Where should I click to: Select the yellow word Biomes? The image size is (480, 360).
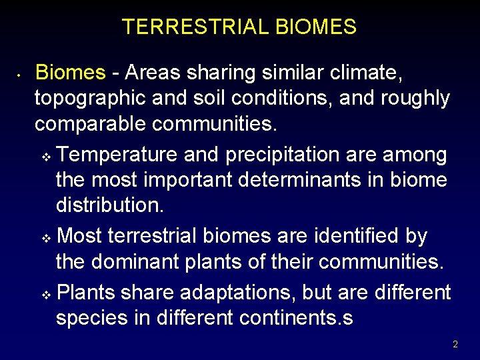coord(70,73)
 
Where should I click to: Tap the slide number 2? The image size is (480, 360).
coord(455,345)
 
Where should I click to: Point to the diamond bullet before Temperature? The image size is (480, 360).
coord(46,157)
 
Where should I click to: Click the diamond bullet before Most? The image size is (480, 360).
coord(46,239)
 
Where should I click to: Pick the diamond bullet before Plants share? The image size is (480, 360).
coord(46,295)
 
